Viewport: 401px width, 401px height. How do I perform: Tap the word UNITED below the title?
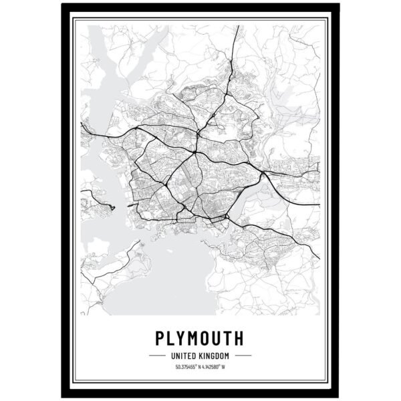click(186, 355)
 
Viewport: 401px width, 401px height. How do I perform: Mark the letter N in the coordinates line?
click(198, 366)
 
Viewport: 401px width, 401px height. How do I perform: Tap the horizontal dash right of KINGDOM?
click(242, 355)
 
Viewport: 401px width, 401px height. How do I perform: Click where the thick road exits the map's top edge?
click(236, 28)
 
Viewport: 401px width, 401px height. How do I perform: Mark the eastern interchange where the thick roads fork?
click(265, 175)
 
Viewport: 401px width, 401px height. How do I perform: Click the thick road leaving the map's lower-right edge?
click(316, 256)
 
